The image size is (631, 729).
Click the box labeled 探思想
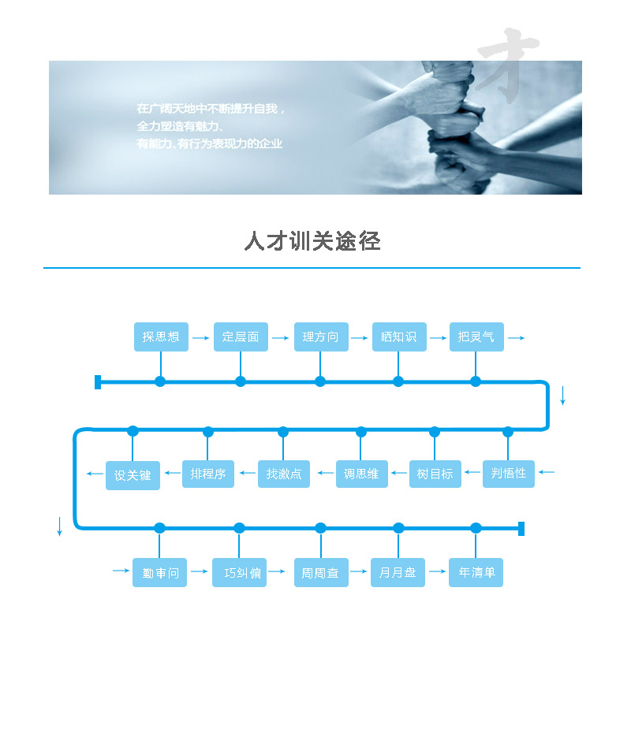(x=161, y=337)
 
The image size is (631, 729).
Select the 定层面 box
(x=241, y=337)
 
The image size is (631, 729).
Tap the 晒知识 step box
(x=398, y=337)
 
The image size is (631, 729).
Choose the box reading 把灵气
(x=476, y=337)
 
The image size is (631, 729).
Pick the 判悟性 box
(x=508, y=474)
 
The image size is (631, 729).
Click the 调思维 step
(x=361, y=474)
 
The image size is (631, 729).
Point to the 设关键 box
(x=133, y=476)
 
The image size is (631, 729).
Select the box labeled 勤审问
(x=161, y=573)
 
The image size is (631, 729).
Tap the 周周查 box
(x=320, y=573)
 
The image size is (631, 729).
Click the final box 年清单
(x=476, y=573)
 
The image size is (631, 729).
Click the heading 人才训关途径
(x=312, y=241)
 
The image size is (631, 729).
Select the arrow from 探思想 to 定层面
(x=201, y=338)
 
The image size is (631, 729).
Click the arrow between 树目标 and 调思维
(x=398, y=474)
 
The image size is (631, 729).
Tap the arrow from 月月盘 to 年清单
(x=437, y=571)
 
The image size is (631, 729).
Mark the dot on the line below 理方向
(x=320, y=381)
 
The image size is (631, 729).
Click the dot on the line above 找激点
(x=283, y=431)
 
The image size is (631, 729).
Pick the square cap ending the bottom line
(x=521, y=528)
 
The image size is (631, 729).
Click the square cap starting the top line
(x=98, y=382)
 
